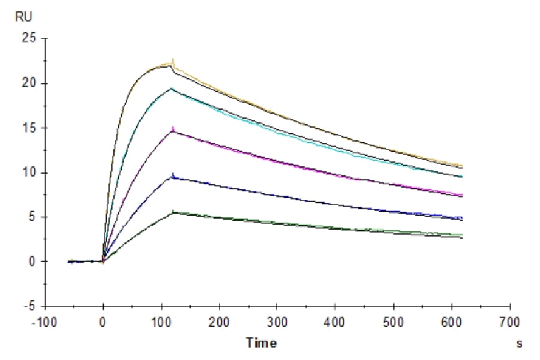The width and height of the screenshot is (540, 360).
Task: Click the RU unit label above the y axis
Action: coord(24,17)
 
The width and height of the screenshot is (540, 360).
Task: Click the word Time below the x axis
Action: coord(262,343)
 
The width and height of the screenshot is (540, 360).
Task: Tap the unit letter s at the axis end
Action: coord(519,344)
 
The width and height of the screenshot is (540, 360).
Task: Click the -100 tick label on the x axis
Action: coord(46,322)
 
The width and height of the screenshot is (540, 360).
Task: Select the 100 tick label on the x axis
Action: coord(161,322)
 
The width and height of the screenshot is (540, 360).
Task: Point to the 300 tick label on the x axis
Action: coord(277,322)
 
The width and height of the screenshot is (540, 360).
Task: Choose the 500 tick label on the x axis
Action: coord(393,322)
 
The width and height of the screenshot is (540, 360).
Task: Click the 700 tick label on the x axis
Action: coord(509,322)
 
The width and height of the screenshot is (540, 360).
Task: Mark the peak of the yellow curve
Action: coord(173,60)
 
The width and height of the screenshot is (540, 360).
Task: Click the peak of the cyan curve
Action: coord(172,88)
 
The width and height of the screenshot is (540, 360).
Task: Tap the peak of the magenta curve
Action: coord(173,129)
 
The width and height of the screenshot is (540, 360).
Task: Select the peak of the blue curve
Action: coord(173,175)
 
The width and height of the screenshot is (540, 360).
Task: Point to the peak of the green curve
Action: coord(173,211)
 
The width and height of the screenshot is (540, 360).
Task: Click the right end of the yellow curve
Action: coord(462,165)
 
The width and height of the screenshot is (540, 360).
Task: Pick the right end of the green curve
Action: coord(462,235)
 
